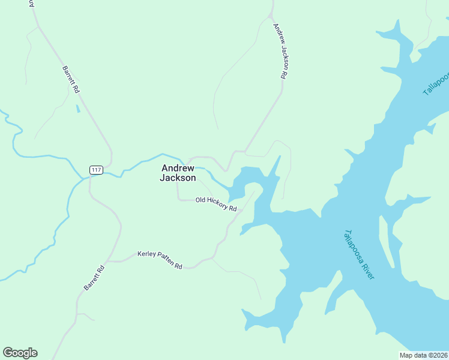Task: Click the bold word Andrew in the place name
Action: pos(178,169)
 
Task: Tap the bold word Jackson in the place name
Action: pos(178,178)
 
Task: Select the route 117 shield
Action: pos(96,170)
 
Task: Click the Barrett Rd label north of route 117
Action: pos(71,79)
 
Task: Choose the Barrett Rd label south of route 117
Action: pos(94,278)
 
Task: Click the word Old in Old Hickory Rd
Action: pos(201,200)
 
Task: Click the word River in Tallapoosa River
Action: pos(367,268)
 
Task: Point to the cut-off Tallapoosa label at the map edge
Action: pos(435,83)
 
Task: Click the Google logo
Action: pos(20,353)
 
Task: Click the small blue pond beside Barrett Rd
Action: pos(77,109)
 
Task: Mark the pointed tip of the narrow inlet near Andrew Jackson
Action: pos(280,157)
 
